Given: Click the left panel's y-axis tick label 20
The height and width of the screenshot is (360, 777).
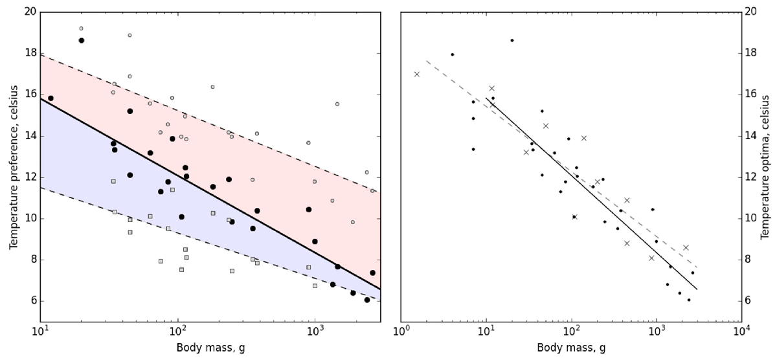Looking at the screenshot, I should pos(28,12).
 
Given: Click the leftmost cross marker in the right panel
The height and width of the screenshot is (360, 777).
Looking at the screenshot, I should pos(417,74).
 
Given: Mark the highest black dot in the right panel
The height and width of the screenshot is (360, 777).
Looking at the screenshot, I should pos(512,40).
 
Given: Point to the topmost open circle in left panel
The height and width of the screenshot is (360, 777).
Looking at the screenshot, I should pos(81,28).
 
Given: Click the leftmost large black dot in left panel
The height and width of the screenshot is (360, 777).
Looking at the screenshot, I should pos(51,98).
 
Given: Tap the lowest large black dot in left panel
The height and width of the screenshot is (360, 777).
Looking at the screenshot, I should pos(367,300).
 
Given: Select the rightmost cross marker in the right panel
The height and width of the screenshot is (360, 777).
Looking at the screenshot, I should pos(686,247).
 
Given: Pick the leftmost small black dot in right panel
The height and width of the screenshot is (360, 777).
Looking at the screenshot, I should pos(453,54).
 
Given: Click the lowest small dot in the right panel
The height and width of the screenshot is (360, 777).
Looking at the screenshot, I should pos(689,300).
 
